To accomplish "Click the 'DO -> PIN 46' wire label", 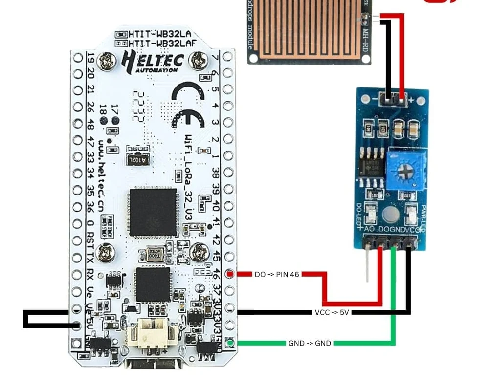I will click(277, 275).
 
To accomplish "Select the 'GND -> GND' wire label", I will click(310, 343).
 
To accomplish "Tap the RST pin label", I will click(89, 239).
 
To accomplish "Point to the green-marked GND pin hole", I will click(230, 343).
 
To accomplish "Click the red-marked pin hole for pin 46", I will click(230, 274).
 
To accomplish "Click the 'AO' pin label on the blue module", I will click(370, 229).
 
